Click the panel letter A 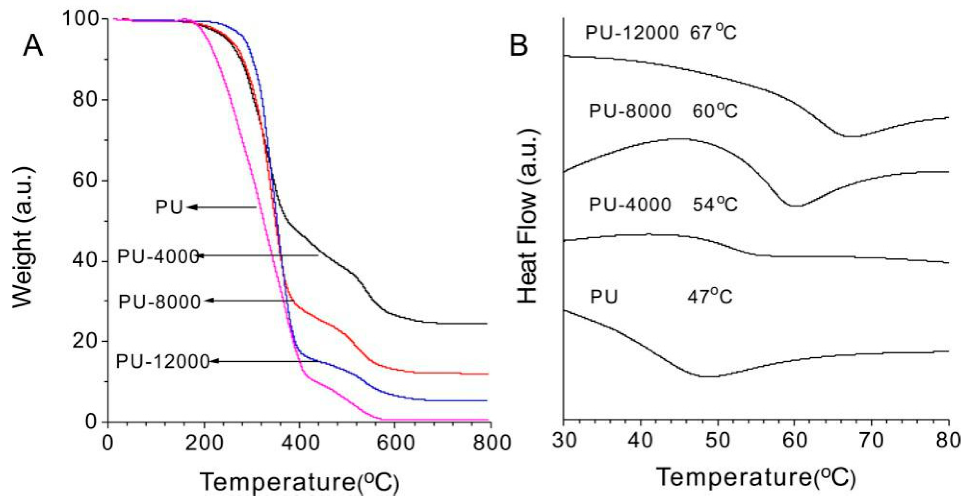pyautogui.click(x=33, y=47)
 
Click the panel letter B pyautogui.click(x=519, y=46)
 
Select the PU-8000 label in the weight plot pyautogui.click(x=159, y=302)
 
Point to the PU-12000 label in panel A pyautogui.click(x=163, y=362)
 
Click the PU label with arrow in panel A pyautogui.click(x=169, y=207)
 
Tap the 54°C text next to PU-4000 pyautogui.click(x=715, y=205)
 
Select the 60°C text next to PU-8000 pyautogui.click(x=715, y=111)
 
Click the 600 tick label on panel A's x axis pyautogui.click(x=394, y=443)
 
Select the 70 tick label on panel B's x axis pyautogui.click(x=871, y=441)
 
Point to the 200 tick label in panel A pyautogui.click(x=204, y=443)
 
